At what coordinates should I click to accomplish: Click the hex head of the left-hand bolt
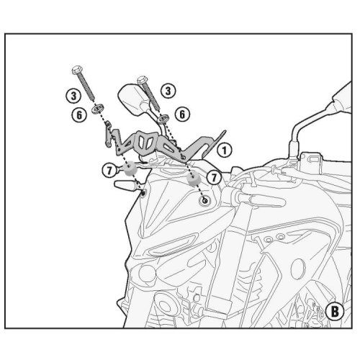[77, 70]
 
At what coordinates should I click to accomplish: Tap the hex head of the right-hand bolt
[143, 80]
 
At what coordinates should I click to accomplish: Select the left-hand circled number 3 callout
[73, 96]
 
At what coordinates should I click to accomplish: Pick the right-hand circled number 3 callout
[168, 91]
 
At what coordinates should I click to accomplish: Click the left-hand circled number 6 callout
[79, 115]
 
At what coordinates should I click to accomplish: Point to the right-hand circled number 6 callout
[182, 114]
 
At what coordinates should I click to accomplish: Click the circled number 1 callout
[225, 150]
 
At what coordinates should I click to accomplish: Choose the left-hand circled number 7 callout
[109, 171]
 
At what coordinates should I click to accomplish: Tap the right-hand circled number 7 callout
[214, 178]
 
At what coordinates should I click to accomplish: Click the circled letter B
[335, 311]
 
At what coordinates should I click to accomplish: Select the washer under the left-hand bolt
[98, 109]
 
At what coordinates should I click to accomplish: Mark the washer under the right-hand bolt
[163, 119]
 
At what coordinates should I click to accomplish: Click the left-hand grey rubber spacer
[130, 168]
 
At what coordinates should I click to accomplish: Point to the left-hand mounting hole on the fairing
[143, 194]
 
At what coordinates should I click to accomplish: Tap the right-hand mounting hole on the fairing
[205, 200]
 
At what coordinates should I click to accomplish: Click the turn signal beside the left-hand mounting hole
[127, 186]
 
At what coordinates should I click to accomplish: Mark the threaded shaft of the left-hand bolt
[86, 87]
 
